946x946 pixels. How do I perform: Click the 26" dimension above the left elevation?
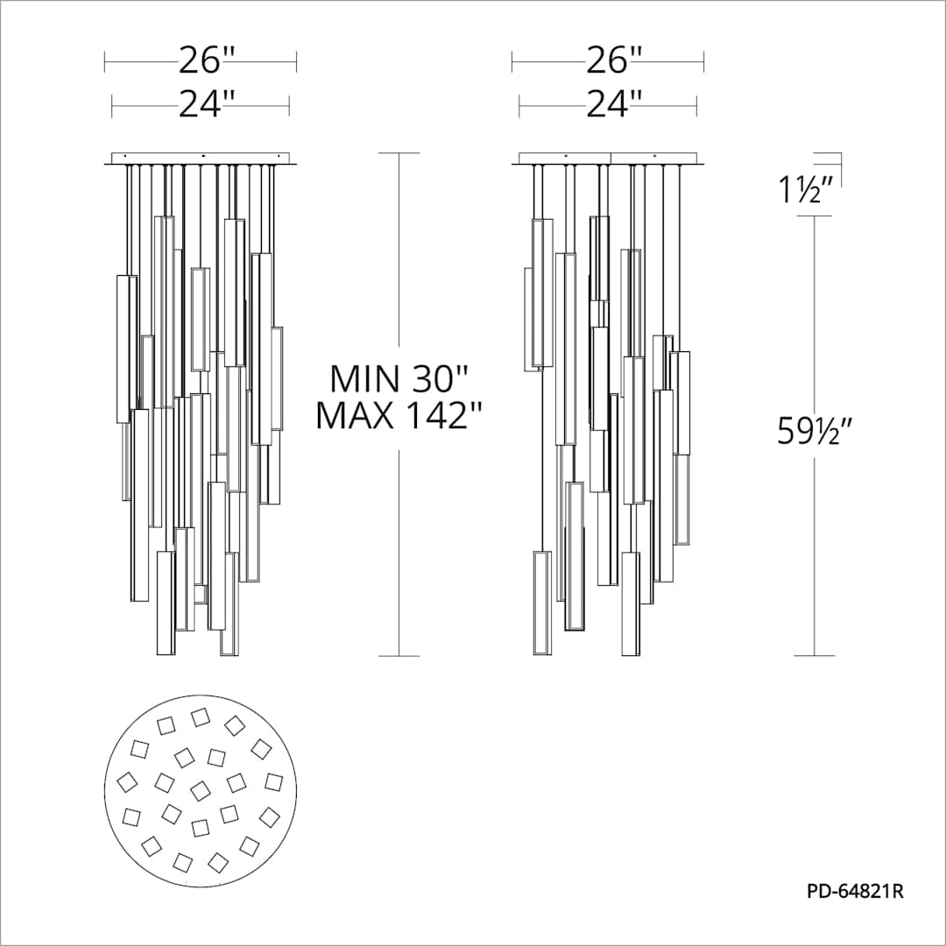coord(208,61)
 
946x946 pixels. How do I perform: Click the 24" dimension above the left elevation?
coord(208,105)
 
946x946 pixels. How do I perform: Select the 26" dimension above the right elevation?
coord(614,61)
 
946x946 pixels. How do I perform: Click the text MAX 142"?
coord(400,416)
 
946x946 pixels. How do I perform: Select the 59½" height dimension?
coord(815,430)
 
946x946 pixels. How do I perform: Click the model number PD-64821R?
coord(854,893)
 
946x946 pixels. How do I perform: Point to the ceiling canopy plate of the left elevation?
coord(201,159)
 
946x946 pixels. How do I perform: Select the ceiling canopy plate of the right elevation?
coord(611,159)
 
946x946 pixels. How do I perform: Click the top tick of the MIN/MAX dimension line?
coord(399,153)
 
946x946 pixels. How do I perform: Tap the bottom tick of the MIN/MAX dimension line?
coord(399,655)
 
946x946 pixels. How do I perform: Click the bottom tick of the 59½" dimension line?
coord(815,655)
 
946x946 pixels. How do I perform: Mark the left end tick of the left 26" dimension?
coord(105,61)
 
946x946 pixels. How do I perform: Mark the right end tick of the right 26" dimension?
coord(704,61)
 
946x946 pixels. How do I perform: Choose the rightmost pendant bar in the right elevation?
coord(681,403)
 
